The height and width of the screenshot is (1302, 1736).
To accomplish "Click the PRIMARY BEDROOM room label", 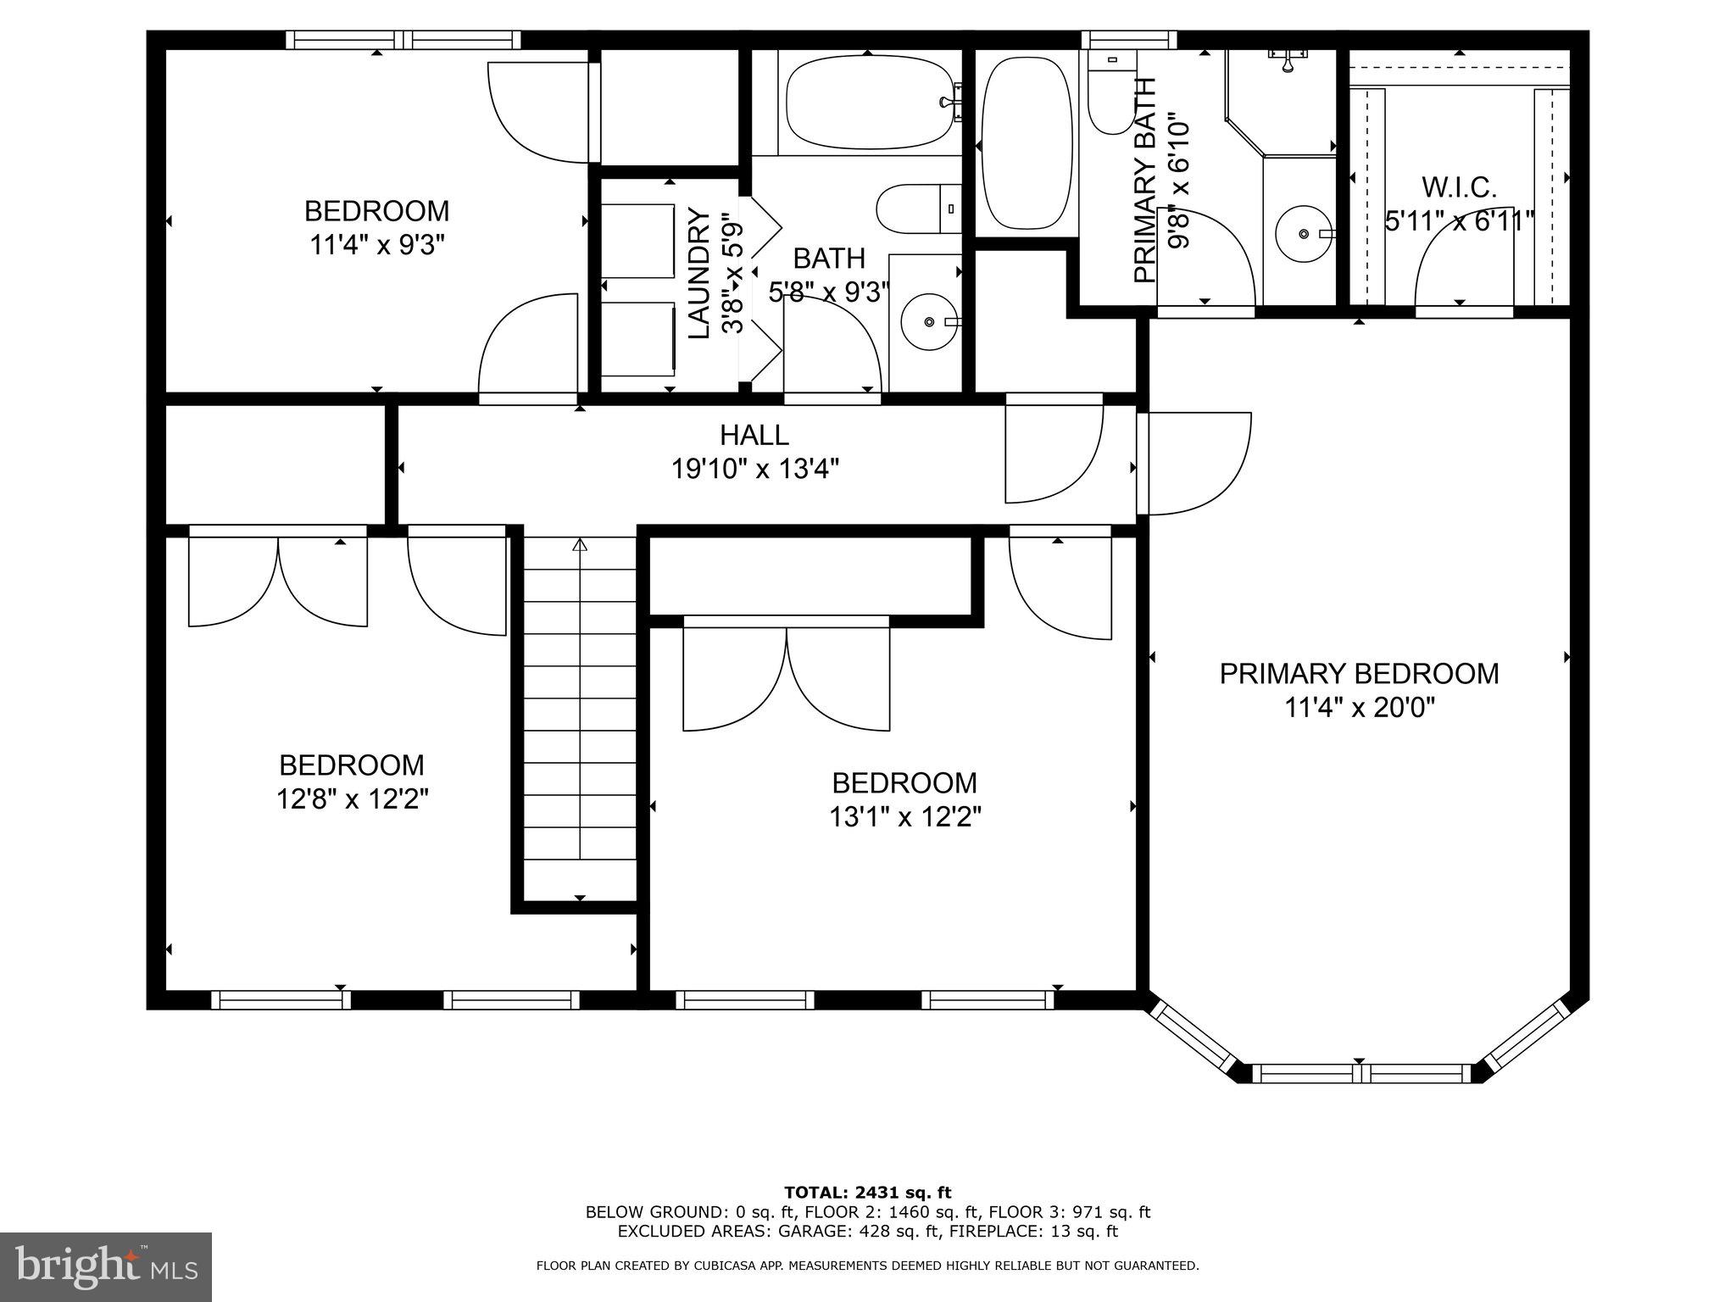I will point(1359,674).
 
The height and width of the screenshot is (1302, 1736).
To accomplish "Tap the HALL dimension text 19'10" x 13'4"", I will point(755,469).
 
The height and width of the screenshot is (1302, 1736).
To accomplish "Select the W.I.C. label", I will point(1459,187).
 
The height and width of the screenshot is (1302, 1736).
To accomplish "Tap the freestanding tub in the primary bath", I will point(1026,142).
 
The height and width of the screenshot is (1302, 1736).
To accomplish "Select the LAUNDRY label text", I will point(698,273).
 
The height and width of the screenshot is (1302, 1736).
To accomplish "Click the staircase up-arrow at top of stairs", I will point(580,545).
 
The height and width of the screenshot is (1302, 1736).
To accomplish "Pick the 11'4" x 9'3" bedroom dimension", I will point(376,246).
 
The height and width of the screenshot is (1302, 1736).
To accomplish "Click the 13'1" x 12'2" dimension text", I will point(904,817).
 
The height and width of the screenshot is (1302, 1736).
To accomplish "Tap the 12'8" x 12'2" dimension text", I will point(352,799).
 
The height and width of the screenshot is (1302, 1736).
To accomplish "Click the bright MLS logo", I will point(106,1266).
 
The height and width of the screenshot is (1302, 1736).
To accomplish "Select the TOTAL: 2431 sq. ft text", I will point(867,1193).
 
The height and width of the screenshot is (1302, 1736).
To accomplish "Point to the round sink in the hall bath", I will point(930,322).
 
